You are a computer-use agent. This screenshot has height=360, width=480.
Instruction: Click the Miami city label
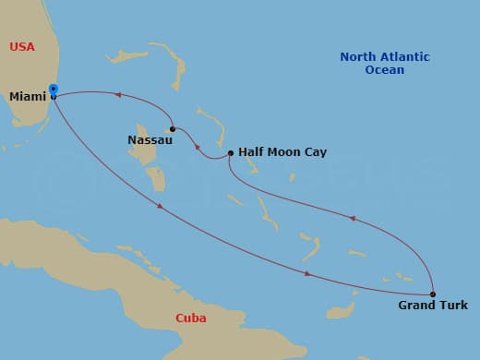[x=29, y=97]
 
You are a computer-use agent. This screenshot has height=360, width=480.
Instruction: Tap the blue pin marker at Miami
[x=54, y=90]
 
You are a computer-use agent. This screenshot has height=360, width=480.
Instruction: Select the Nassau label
[x=150, y=140]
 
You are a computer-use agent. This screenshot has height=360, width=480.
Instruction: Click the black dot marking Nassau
[x=172, y=128]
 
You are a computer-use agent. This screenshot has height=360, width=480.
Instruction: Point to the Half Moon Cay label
[x=282, y=152]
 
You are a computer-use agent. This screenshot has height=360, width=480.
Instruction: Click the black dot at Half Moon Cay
[x=230, y=153]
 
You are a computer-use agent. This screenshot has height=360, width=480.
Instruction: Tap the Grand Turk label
[x=432, y=306]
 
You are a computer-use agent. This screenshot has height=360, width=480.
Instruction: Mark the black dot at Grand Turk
[x=433, y=294]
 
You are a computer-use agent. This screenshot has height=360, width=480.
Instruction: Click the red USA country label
[x=23, y=47]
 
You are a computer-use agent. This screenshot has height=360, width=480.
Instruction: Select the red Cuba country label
[x=190, y=318]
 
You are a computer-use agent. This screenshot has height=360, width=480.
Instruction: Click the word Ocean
[x=384, y=70]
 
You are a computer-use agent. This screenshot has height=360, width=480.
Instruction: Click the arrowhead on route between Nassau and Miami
[x=118, y=94]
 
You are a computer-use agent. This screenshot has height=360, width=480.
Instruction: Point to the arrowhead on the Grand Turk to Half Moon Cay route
[x=352, y=219]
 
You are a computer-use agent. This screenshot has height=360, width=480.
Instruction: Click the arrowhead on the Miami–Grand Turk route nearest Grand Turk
[x=307, y=273]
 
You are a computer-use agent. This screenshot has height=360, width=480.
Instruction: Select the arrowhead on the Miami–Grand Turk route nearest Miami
[x=161, y=206]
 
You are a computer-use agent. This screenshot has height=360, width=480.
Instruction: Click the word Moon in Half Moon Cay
[x=284, y=152]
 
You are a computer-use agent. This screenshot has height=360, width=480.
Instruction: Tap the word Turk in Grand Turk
[x=452, y=306]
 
